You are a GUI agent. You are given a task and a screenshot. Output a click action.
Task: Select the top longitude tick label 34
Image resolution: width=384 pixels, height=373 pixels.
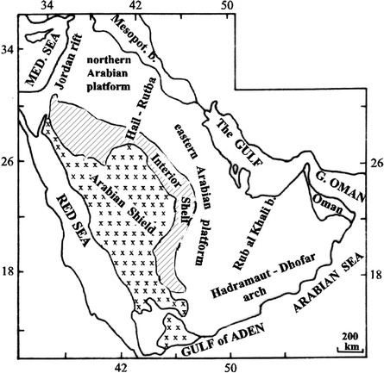[46, 6]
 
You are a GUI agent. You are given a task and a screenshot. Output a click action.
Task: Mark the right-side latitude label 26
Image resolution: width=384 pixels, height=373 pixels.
[376, 160]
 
